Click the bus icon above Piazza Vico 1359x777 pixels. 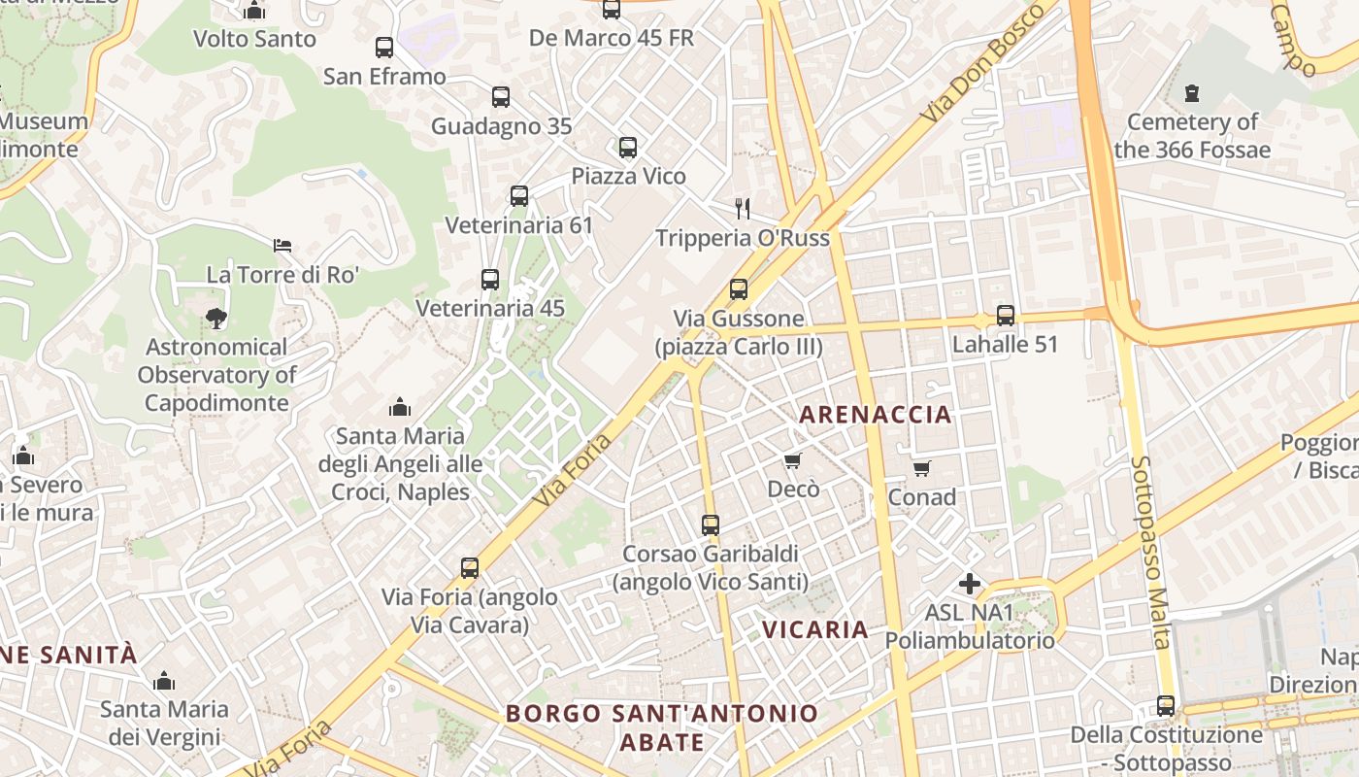(628, 148)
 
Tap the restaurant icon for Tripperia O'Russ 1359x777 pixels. (743, 208)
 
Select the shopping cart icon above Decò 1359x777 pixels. (793, 460)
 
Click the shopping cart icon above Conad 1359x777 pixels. (921, 469)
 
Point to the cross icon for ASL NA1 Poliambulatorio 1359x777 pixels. (969, 584)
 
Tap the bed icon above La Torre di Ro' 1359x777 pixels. (282, 245)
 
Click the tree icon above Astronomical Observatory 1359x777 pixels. (215, 318)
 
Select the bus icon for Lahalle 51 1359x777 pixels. (1006, 316)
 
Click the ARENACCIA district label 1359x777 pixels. (875, 415)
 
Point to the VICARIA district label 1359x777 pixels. (814, 629)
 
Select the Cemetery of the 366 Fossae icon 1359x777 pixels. (1192, 93)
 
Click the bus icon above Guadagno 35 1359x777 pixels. (501, 97)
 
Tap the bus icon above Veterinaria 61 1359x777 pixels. (519, 196)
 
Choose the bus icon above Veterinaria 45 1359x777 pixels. (490, 280)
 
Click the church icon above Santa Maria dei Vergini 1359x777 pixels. (164, 681)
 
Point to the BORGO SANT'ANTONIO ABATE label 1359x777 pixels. (661, 727)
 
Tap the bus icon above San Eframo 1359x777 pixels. (384, 47)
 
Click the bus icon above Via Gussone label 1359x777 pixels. (739, 289)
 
